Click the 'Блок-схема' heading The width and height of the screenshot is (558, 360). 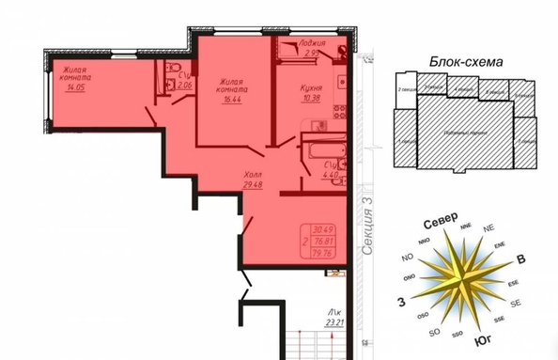pyautogui.click(x=467, y=61)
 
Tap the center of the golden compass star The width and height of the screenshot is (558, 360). pyautogui.click(x=460, y=279)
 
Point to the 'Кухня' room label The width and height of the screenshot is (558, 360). pyautogui.click(x=313, y=87)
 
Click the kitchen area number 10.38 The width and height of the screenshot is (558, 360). pyautogui.click(x=313, y=99)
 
